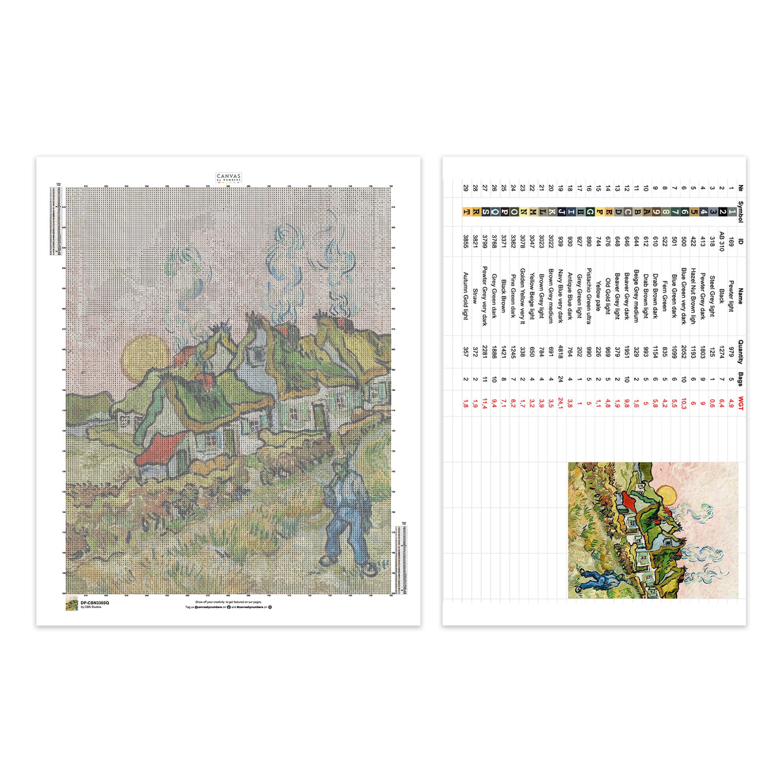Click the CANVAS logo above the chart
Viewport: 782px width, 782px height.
tap(229, 177)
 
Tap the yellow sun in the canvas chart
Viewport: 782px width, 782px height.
tap(145, 358)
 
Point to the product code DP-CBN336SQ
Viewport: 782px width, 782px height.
tap(95, 603)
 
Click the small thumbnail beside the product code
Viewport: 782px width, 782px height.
tap(72, 604)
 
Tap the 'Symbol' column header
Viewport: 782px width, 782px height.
tap(740, 211)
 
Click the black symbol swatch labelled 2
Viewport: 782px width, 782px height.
tap(721, 211)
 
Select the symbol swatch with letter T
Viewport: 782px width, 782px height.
tap(465, 211)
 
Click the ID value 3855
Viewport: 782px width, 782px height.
tap(465, 241)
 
